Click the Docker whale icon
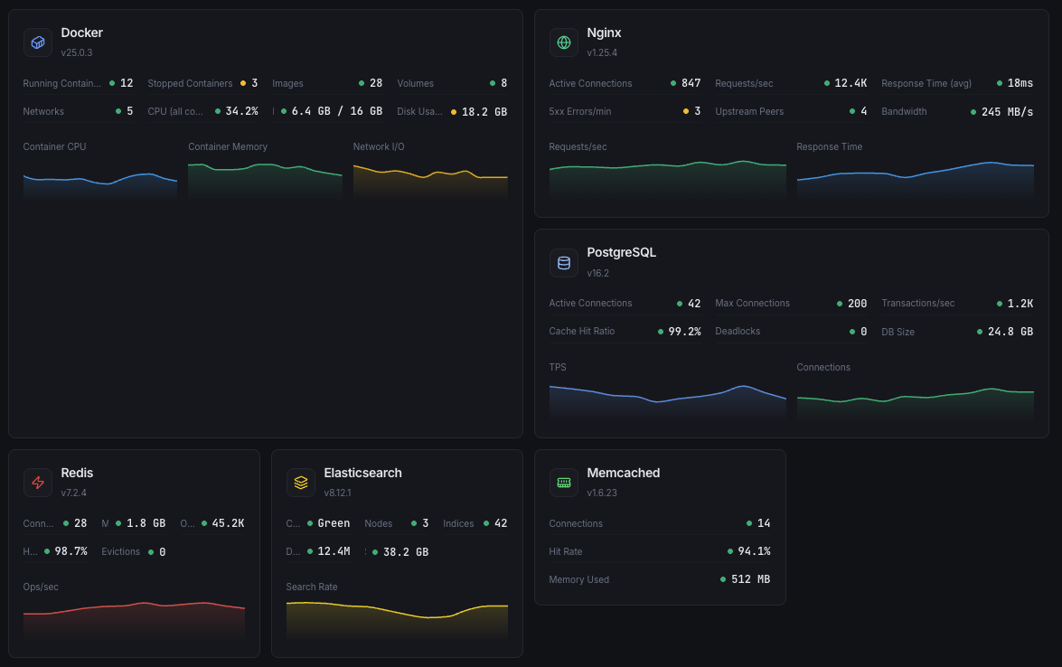[38, 42]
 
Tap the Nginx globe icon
[564, 42]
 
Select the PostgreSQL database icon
[564, 262]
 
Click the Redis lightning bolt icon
[38, 483]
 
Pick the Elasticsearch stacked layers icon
[301, 483]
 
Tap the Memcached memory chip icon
[564, 483]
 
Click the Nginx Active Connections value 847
[691, 83]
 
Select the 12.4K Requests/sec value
[851, 83]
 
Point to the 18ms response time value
[1020, 83]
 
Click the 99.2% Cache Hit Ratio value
[684, 332]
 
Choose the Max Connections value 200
[857, 304]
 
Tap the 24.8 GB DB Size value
[1010, 332]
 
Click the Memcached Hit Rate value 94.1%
[754, 551]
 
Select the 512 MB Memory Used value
[750, 579]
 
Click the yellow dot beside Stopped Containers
[242, 83]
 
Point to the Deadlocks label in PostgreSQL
[738, 332]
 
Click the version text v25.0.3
[77, 52]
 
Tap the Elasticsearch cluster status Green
[334, 523]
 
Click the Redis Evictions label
[121, 551]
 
